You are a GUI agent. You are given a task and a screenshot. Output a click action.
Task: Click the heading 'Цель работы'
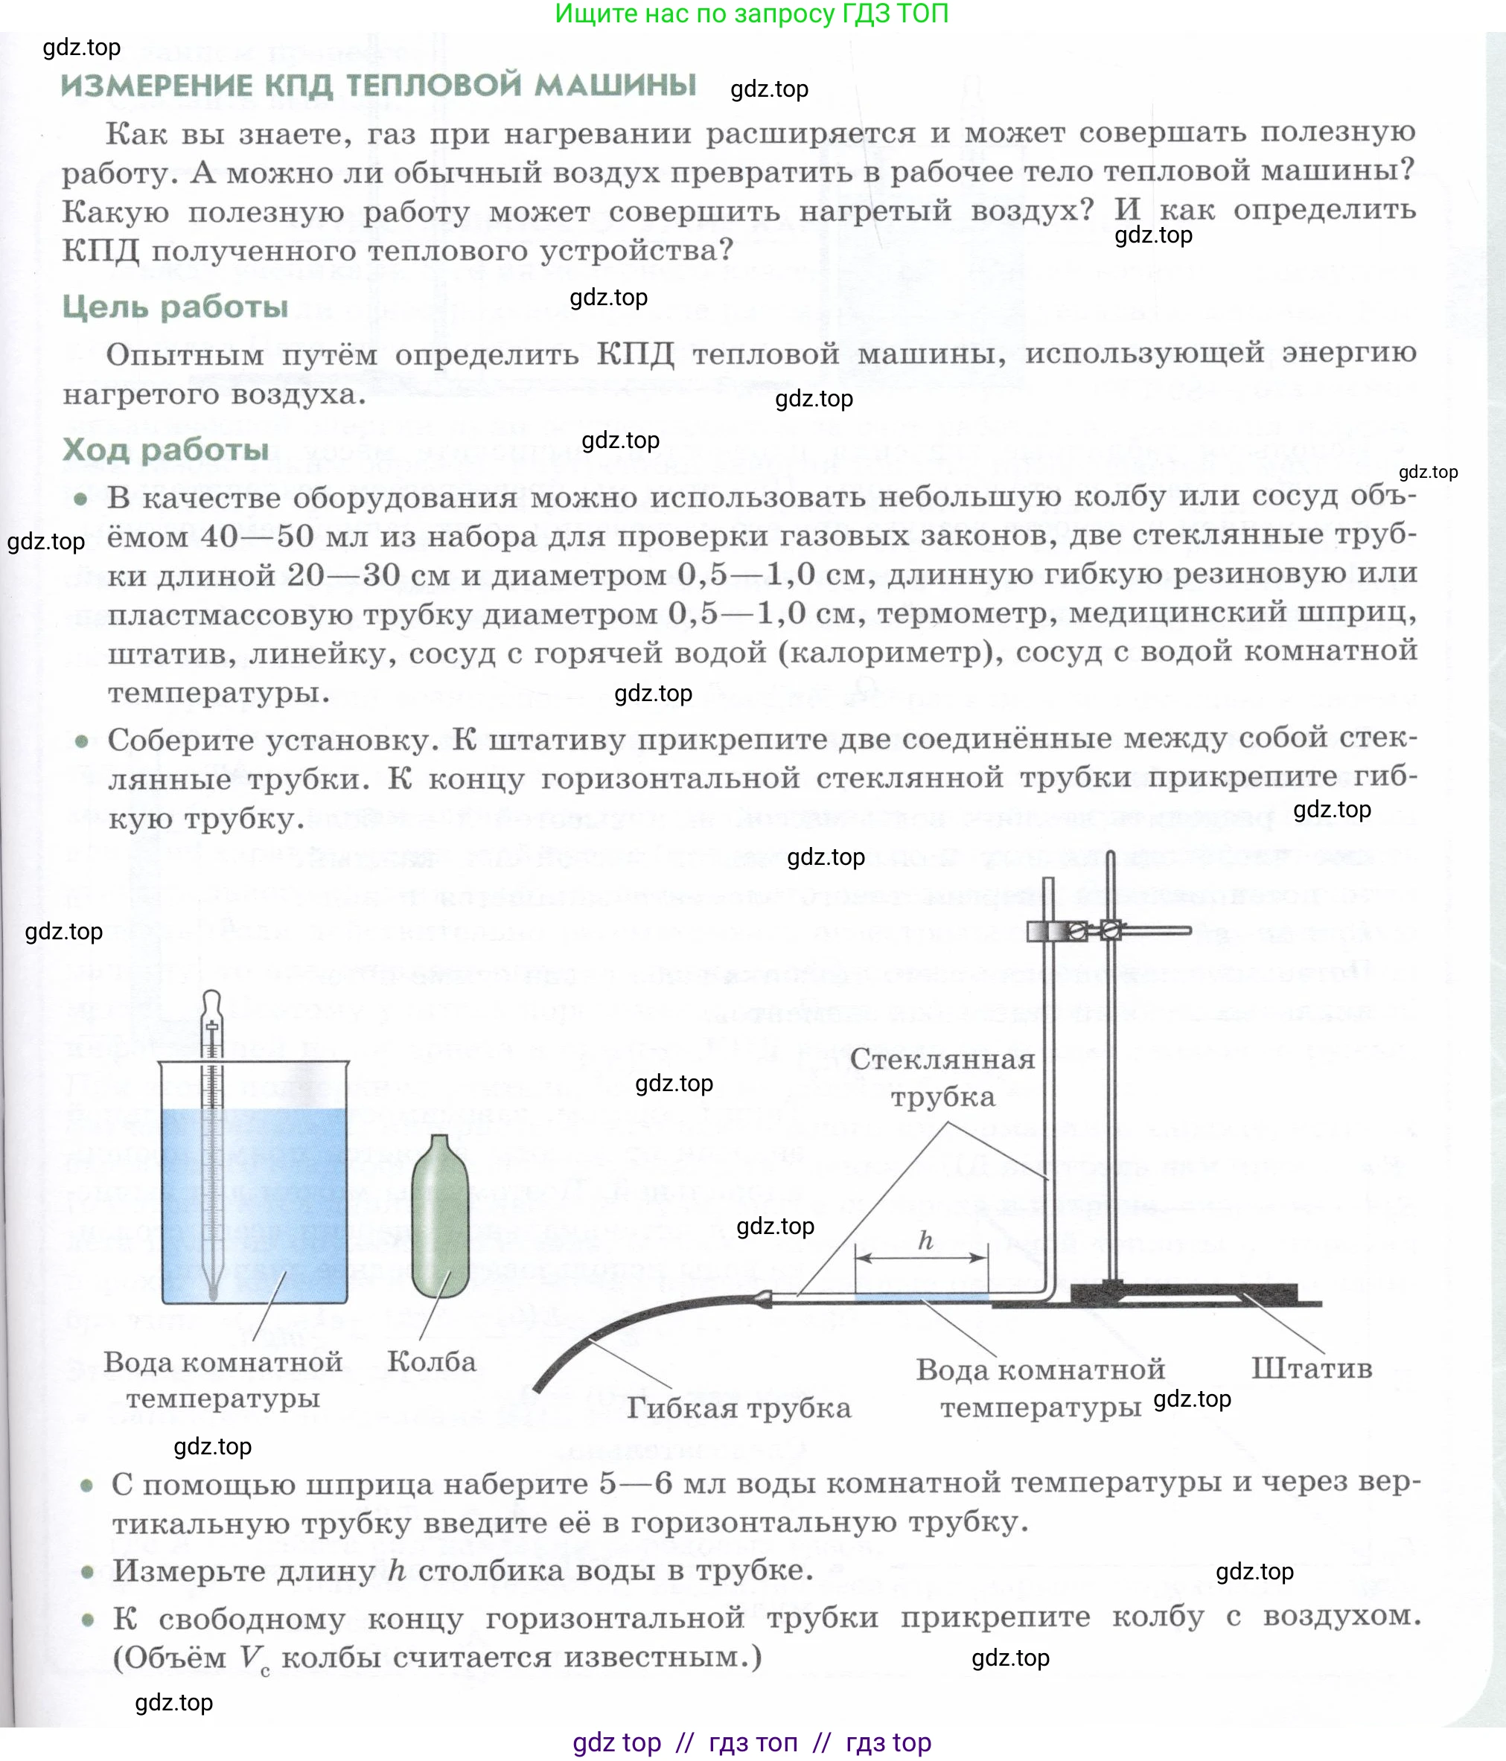click(175, 307)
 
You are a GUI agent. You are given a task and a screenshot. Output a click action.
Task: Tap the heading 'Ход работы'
click(166, 450)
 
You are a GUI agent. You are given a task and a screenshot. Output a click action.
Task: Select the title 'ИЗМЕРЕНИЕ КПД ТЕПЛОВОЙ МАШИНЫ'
click(378, 86)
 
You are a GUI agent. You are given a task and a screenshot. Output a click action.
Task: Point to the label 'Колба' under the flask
click(431, 1361)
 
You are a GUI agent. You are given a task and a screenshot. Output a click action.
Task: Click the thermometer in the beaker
click(211, 1148)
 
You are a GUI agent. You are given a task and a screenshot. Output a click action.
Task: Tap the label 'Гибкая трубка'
click(738, 1408)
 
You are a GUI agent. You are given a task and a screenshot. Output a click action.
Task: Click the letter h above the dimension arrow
click(925, 1241)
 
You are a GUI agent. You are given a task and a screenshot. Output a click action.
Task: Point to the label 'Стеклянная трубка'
click(942, 1078)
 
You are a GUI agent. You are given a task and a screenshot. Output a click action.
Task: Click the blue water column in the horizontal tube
click(922, 1298)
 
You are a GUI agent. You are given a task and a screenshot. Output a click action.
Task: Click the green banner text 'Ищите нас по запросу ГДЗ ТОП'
click(751, 13)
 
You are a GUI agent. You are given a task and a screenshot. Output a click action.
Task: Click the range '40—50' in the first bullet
click(258, 537)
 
